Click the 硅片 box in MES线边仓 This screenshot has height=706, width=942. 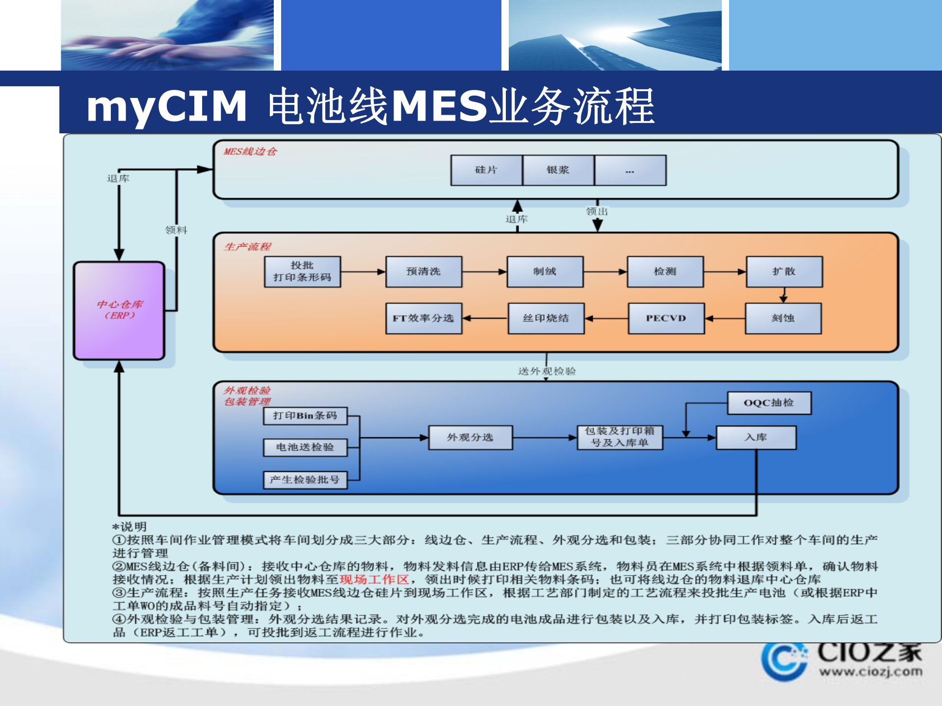click(486, 170)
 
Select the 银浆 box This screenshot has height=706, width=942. click(558, 170)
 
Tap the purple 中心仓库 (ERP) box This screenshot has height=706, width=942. click(119, 310)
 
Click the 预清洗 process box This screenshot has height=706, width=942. click(423, 272)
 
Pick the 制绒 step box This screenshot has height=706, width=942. click(545, 272)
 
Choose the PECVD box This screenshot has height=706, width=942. click(666, 318)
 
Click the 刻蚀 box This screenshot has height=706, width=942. click(783, 318)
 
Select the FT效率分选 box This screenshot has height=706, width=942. click(423, 318)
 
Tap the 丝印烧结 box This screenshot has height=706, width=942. click(546, 318)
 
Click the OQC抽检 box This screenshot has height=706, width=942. click(769, 403)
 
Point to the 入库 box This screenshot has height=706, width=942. click(756, 437)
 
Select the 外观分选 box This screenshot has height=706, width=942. click(470, 437)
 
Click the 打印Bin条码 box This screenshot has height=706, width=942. click(305, 416)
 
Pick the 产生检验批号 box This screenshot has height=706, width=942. click(305, 480)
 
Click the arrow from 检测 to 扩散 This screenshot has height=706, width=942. click(725, 272)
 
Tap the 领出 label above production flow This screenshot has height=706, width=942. click(597, 211)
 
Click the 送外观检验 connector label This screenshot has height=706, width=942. click(547, 371)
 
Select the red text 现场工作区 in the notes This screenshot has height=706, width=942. click(374, 580)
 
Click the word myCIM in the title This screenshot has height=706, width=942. click(167, 106)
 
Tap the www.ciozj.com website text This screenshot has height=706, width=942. click(870, 671)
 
